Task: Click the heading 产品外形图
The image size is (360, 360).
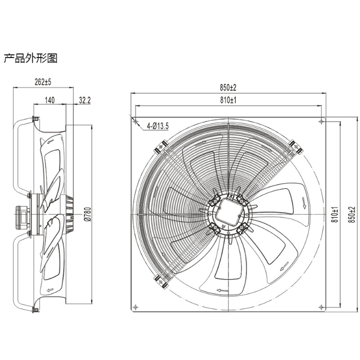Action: point(30,58)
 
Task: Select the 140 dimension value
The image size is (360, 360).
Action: point(49,101)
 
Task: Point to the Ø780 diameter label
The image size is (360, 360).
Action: point(88,214)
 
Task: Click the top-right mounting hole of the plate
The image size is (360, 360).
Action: point(320,121)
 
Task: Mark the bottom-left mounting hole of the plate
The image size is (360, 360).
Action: point(135,306)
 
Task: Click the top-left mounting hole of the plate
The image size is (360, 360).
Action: point(135,121)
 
